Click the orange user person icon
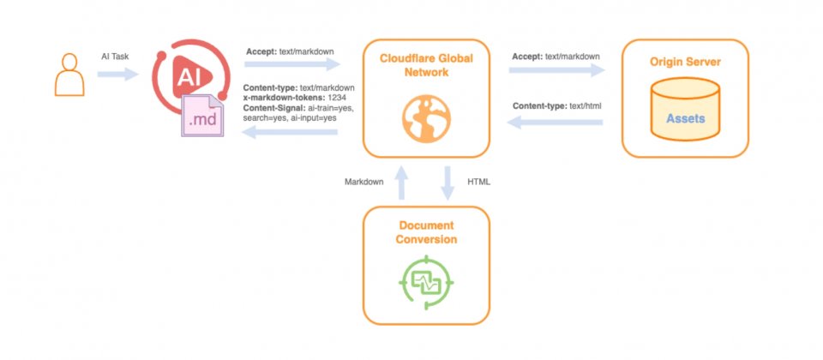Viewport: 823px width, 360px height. [69, 75]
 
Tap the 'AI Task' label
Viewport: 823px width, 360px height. [116, 56]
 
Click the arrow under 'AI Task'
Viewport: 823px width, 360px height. [117, 75]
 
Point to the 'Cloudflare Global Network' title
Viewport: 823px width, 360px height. [426, 65]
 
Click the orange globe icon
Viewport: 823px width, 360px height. [425, 117]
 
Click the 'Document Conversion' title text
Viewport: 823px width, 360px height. [426, 232]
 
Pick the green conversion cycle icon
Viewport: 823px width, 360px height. [426, 279]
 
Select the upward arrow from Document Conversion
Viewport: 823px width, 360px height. [401, 183]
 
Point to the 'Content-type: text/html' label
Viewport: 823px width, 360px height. [556, 105]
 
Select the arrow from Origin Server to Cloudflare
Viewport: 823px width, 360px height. [556, 123]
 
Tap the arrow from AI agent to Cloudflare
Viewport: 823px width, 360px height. [292, 65]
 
